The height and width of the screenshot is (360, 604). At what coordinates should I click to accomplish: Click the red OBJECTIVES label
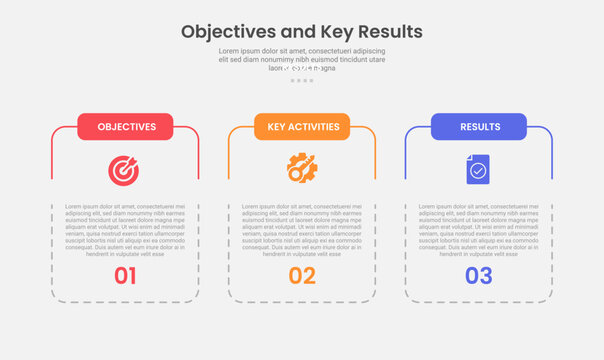125,127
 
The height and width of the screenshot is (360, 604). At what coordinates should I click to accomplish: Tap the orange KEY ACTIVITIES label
302,127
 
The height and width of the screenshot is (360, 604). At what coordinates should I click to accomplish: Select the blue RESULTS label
479,127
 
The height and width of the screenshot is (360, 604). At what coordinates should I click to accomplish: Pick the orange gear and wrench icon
302,168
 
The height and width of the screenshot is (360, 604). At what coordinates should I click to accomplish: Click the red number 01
125,276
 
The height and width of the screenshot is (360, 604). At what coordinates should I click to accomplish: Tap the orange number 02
302,276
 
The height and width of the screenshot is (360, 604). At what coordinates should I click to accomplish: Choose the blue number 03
479,276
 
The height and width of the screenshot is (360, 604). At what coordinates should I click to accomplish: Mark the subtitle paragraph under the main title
302,59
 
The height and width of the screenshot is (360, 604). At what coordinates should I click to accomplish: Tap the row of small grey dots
302,80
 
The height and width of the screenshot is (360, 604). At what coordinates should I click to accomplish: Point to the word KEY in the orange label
274,127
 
